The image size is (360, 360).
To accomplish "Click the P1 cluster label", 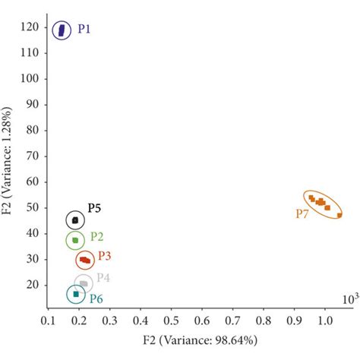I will (x=84, y=29).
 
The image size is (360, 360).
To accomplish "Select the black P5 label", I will (x=94, y=207).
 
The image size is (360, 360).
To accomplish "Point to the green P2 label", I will (x=97, y=237).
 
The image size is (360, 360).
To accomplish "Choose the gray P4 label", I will (x=103, y=277).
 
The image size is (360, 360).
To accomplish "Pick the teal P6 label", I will (x=96, y=298).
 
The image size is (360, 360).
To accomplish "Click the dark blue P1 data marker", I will (x=64, y=30).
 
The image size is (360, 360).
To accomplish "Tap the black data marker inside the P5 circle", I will (x=74, y=220).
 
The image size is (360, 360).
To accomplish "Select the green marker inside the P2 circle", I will (x=74, y=241).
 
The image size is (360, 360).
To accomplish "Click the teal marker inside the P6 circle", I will (x=76, y=294).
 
